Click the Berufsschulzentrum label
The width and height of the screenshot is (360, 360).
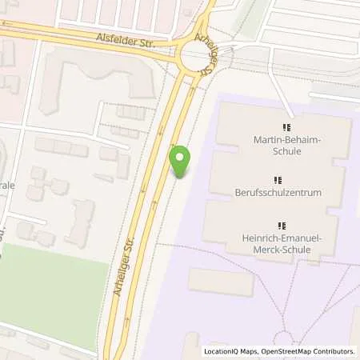pos(278,194)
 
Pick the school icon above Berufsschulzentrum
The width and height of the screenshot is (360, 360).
pos(278,181)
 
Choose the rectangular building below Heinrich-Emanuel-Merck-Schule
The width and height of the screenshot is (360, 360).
pos(221,282)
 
